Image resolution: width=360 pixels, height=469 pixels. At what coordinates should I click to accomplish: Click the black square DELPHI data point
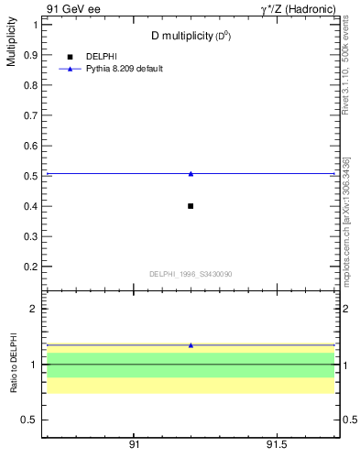(191, 206)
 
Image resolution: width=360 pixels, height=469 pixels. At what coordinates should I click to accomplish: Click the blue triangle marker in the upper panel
(191, 173)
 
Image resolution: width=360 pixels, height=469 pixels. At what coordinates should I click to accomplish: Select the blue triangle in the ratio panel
(191, 345)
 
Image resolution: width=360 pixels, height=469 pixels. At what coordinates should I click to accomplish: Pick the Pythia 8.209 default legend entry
(125, 69)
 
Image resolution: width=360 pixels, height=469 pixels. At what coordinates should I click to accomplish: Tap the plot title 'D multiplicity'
(191, 36)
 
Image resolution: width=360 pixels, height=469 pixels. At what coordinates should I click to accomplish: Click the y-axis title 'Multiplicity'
(11, 46)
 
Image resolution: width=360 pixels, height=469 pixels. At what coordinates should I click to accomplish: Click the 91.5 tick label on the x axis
(277, 444)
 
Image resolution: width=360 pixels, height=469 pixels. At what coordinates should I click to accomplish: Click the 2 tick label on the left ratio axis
(34, 309)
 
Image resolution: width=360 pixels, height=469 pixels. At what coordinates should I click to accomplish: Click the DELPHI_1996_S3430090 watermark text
(190, 274)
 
